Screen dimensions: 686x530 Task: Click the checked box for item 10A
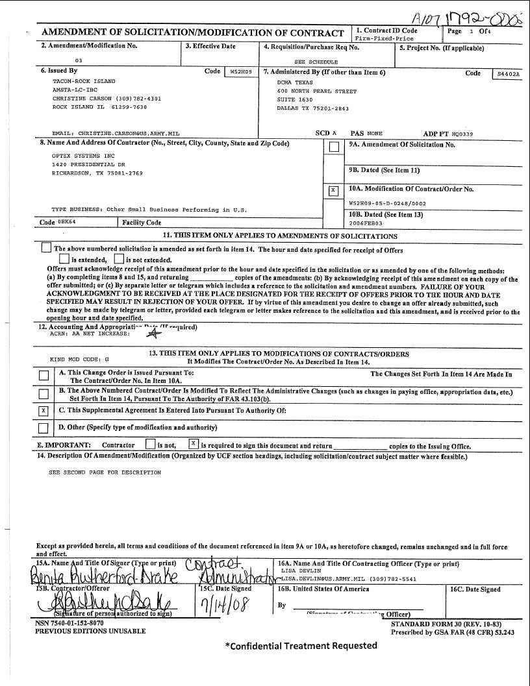[x=333, y=190]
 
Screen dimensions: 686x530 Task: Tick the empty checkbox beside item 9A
[x=333, y=147]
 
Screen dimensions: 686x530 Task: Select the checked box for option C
[x=44, y=411]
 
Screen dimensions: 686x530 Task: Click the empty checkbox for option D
[x=44, y=428]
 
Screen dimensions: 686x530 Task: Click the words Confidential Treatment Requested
[x=301, y=646]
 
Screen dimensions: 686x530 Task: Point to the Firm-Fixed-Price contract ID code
[x=383, y=38]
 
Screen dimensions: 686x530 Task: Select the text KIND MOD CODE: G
[x=80, y=359]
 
